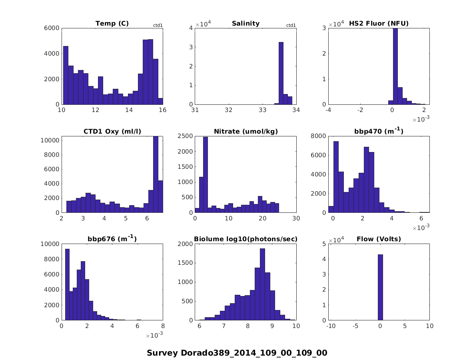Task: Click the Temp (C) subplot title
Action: [x=112, y=24]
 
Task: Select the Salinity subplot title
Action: [x=245, y=24]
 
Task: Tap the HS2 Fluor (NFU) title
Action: [x=379, y=24]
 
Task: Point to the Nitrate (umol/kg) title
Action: [x=245, y=132]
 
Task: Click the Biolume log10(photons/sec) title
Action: [x=245, y=239]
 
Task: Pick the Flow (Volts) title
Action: [x=379, y=239]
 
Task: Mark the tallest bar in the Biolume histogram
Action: [x=262, y=284]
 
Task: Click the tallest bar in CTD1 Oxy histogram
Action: [x=156, y=174]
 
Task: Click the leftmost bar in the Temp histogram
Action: [x=66, y=75]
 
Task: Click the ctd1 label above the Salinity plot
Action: [x=291, y=26]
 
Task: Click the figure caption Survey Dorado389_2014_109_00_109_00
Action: [x=237, y=353]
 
